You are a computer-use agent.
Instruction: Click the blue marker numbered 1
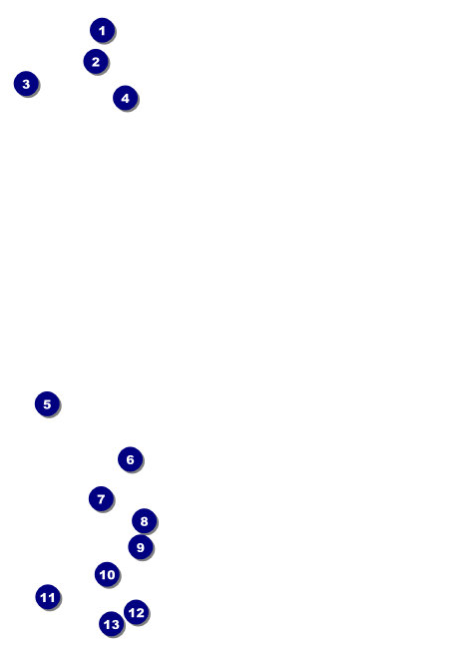(102, 30)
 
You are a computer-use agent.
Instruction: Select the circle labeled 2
(96, 61)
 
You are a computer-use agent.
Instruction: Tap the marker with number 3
(26, 84)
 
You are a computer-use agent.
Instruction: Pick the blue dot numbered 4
(126, 98)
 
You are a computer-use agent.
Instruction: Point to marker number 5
(47, 403)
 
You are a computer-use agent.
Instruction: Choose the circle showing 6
(131, 459)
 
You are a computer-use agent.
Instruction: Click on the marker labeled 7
(101, 498)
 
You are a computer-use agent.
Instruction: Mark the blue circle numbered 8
(144, 521)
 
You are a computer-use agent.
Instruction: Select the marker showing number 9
(141, 547)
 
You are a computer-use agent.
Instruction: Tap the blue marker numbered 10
(107, 574)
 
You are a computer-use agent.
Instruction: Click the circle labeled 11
(48, 597)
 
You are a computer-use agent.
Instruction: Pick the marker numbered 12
(137, 612)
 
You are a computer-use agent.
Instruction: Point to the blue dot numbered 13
(111, 624)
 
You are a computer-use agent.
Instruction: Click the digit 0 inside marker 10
(111, 575)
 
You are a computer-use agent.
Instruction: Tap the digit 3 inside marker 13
(115, 625)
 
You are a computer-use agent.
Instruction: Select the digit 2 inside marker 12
(140, 613)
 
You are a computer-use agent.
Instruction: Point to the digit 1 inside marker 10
(103, 575)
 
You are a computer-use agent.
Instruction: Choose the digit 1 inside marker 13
(107, 625)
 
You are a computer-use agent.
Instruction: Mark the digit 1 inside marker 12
(132, 613)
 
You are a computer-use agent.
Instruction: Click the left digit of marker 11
(44, 597)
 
